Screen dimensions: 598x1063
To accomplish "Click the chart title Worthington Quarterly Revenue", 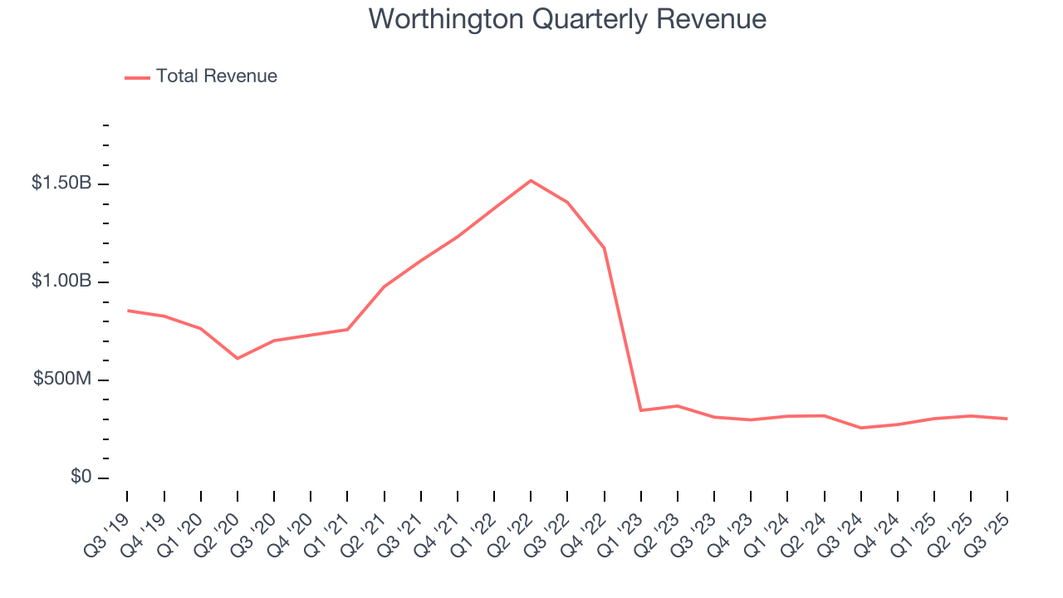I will point(567,18).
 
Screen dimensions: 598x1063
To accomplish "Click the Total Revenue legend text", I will point(216,76).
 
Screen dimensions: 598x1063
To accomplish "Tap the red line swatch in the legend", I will point(137,77).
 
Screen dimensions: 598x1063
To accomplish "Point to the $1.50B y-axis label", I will point(61,183).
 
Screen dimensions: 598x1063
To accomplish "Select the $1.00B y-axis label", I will point(61,281).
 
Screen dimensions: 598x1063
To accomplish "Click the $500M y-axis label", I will point(62,380).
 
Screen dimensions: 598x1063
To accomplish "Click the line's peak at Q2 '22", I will point(531,180).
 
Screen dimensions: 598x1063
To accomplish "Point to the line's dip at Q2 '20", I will point(238,358).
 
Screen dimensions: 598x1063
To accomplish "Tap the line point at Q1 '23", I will point(640,410).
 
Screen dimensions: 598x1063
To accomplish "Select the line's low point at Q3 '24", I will point(860,428).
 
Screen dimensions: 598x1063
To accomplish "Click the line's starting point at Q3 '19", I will point(127,311).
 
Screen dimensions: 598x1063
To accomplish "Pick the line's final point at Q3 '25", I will point(1007,419).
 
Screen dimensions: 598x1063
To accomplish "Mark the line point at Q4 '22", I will point(604,248).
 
